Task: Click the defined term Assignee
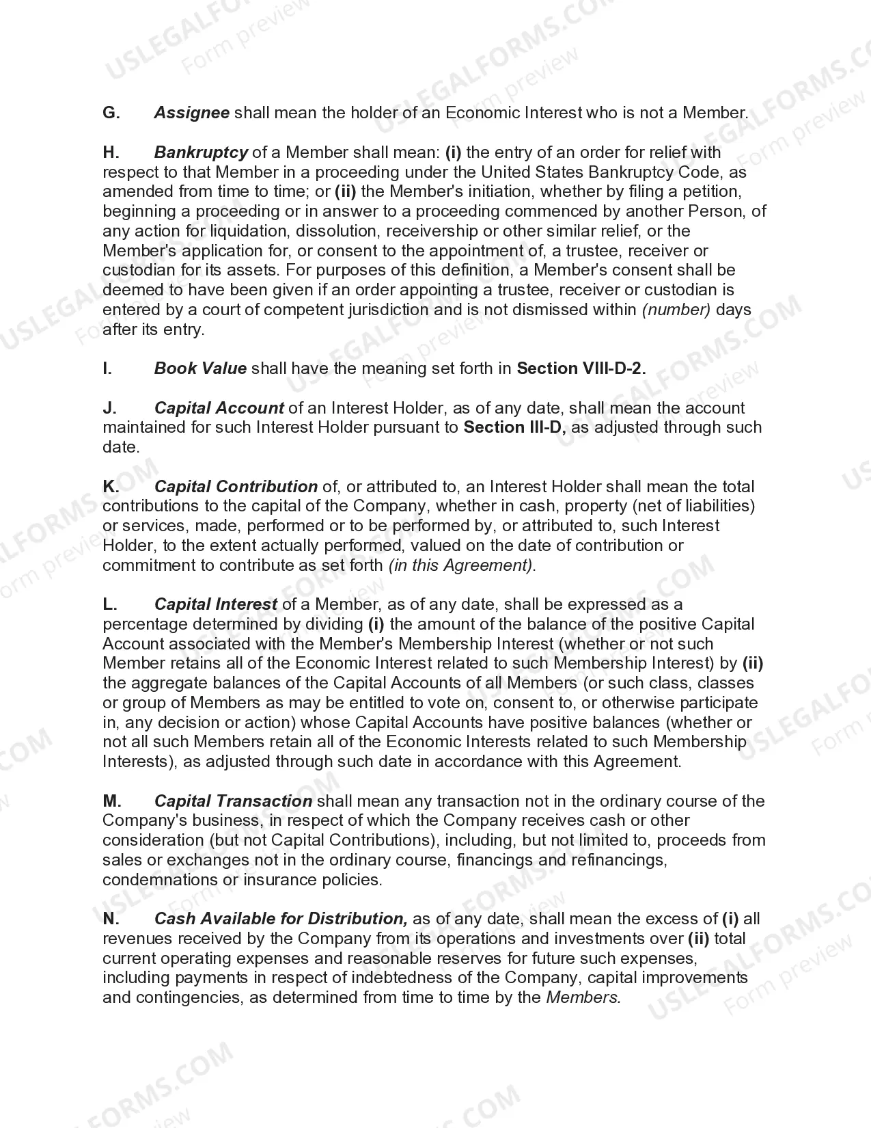click(x=191, y=113)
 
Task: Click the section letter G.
click(x=111, y=113)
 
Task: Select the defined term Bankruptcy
click(x=201, y=152)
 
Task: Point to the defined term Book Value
click(x=200, y=368)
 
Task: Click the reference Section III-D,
click(x=516, y=427)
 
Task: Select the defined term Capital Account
click(x=219, y=408)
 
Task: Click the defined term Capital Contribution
click(x=236, y=487)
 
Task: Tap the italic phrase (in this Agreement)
click(x=462, y=565)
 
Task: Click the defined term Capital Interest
click(x=216, y=604)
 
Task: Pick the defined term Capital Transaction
click(x=233, y=801)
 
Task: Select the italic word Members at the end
click(x=583, y=997)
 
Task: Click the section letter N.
click(x=111, y=919)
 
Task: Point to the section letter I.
click(x=107, y=368)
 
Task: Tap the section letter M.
click(x=112, y=801)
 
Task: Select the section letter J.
click(x=109, y=408)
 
